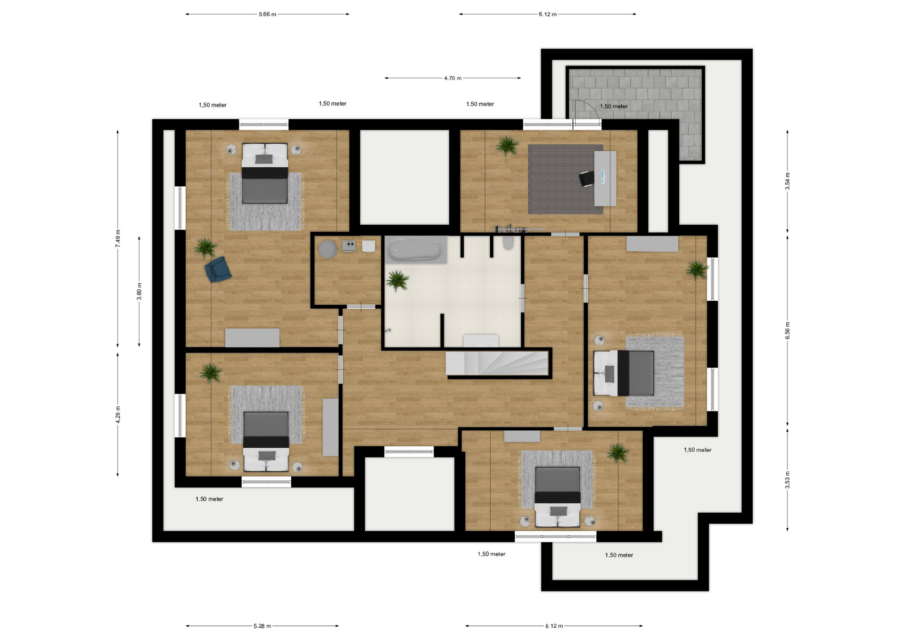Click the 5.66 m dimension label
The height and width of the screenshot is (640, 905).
click(267, 14)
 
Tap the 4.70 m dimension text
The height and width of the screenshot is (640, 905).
click(452, 78)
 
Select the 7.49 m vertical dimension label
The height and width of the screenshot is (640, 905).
click(118, 238)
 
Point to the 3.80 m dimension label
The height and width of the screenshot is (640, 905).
click(139, 291)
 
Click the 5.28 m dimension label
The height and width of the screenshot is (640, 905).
click(262, 626)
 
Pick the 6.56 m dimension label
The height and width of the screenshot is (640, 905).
click(787, 331)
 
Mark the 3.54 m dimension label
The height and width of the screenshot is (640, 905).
click(787, 181)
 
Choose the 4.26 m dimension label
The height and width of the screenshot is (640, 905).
click(118, 415)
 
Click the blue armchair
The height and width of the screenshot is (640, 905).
click(218, 270)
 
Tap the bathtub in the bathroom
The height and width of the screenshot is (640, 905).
click(416, 250)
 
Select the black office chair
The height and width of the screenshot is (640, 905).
click(586, 179)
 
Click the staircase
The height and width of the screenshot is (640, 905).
click(497, 363)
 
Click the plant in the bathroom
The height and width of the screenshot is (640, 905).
click(397, 281)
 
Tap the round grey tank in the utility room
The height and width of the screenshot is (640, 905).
click(328, 249)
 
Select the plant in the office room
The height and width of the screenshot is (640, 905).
click(507, 146)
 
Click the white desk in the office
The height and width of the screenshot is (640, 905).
click(605, 179)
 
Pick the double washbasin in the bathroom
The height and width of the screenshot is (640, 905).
click(481, 341)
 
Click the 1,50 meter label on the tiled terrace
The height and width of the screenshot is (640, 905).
click(614, 107)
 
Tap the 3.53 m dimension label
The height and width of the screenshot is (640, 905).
click(787, 480)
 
